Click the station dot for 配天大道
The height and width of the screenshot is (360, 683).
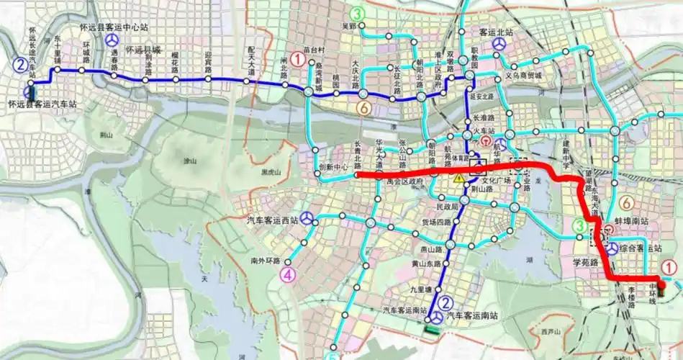pos(247,81)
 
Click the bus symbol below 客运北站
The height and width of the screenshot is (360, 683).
pos(498,45)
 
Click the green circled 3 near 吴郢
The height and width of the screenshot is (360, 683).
pos(358,14)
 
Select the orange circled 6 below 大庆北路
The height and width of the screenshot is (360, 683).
pos(364,108)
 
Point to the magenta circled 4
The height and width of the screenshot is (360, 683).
pos(288,274)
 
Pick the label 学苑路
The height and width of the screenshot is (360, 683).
pos(585,262)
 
